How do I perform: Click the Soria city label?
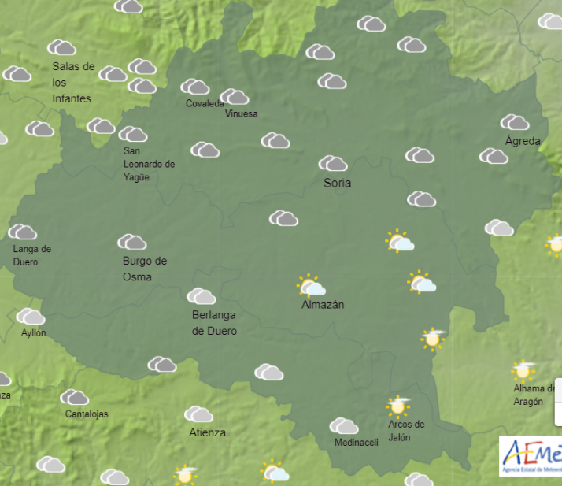click(x=338, y=183)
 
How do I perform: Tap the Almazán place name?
click(x=323, y=305)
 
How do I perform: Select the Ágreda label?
click(x=523, y=141)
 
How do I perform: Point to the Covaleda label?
click(x=205, y=103)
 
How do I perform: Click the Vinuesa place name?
click(x=241, y=113)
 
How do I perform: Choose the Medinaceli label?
click(x=356, y=442)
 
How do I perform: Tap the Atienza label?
click(x=207, y=432)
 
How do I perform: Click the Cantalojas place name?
click(x=87, y=414)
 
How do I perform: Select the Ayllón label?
click(x=33, y=332)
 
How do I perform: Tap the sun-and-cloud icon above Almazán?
click(x=311, y=286)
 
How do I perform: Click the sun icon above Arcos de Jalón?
click(x=398, y=406)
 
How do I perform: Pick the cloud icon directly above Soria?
click(x=333, y=164)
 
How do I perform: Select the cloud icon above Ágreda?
click(x=515, y=122)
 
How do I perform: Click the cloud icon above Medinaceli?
click(x=344, y=426)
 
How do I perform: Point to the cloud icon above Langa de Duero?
click(x=22, y=232)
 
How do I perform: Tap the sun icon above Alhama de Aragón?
click(x=523, y=369)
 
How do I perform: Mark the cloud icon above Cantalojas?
click(x=74, y=397)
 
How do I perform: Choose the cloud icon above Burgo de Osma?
click(x=131, y=242)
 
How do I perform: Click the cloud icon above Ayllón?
click(x=31, y=317)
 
